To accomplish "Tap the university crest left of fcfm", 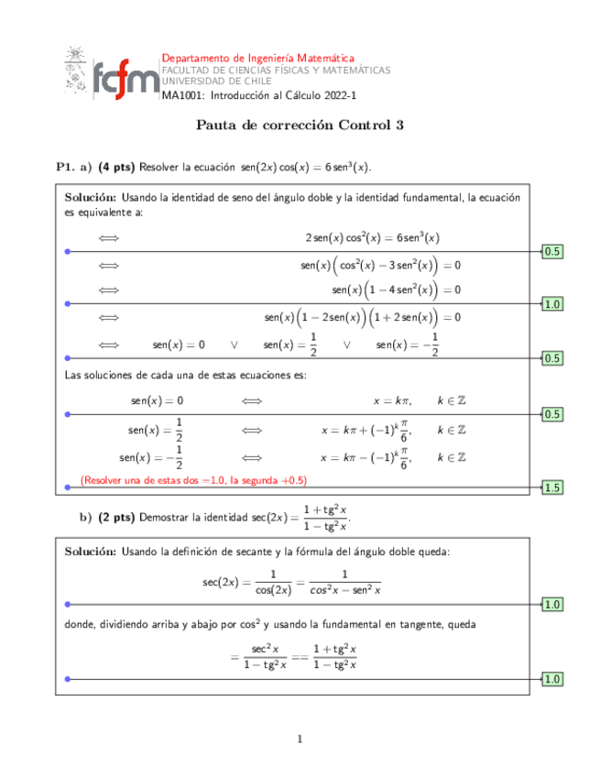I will tap(75, 71).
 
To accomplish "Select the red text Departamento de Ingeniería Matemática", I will tap(257, 58).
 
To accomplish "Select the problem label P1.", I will tap(64, 167).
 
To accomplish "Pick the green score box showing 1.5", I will tap(552, 487).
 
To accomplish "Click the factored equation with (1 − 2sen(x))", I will tap(362, 317).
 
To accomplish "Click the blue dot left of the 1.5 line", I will tap(66, 487).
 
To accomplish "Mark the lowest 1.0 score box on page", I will tap(552, 679).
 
